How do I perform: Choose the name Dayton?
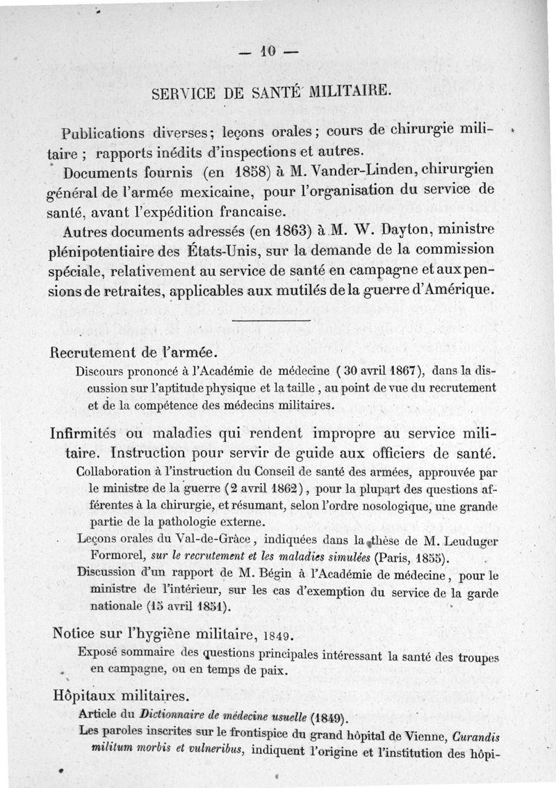coord(382,230)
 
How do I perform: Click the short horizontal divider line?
coord(270,321)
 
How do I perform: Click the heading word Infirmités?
coord(86,433)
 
